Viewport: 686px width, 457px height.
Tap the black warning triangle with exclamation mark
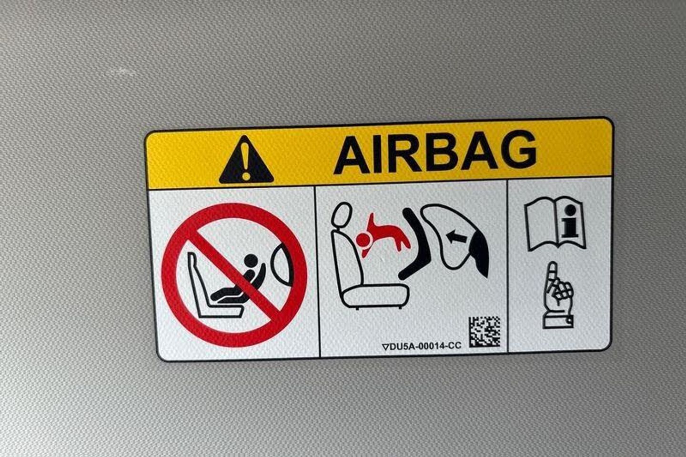(246, 161)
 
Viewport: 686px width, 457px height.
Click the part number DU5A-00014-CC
(425, 346)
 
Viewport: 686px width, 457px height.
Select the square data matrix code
(485, 331)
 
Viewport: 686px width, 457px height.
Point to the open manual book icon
(555, 223)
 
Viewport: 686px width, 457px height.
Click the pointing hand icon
(557, 295)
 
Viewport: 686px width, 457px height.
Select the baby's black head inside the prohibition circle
(252, 261)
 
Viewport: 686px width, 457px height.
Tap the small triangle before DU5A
(385, 347)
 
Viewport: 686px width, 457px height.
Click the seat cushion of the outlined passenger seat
(376, 295)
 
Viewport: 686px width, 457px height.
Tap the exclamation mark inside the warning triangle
(246, 162)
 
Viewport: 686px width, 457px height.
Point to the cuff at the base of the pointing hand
(558, 322)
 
